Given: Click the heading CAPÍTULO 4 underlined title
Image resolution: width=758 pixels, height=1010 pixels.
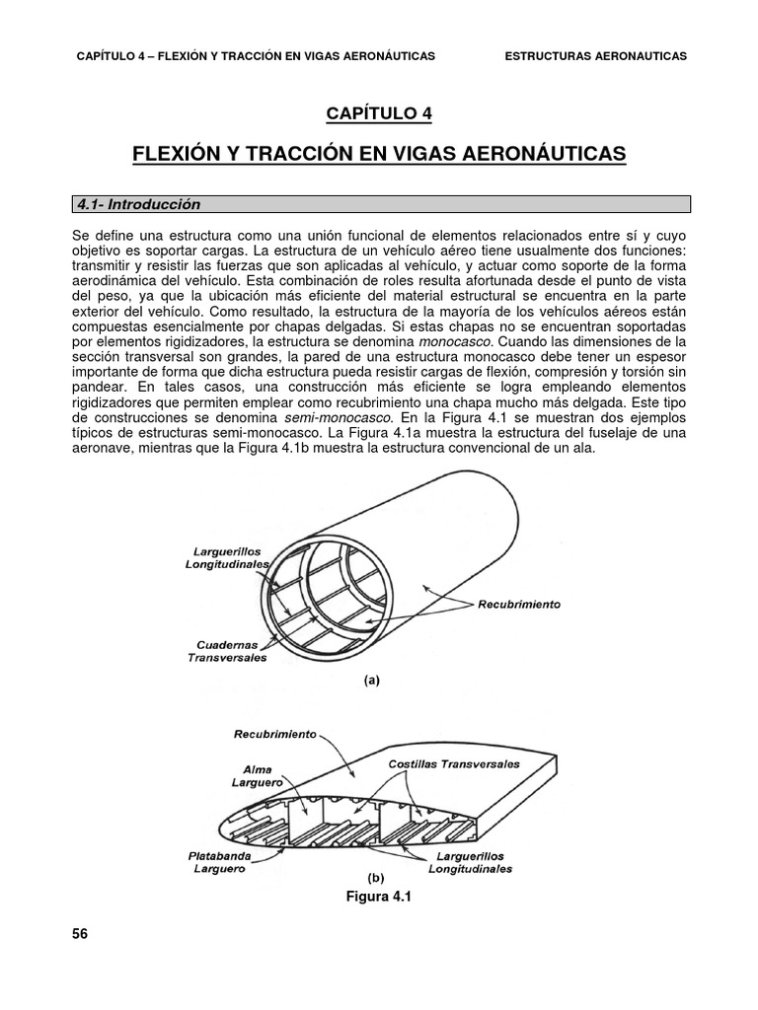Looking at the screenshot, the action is (379, 113).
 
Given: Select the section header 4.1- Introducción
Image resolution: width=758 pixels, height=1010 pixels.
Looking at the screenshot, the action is (139, 204).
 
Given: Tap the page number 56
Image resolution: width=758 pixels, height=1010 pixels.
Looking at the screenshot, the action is (80, 934).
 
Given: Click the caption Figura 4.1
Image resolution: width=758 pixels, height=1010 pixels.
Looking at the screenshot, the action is (378, 897).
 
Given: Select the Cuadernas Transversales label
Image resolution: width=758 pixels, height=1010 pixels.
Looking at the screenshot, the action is (227, 652).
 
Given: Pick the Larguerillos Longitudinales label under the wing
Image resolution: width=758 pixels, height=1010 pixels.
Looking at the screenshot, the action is (470, 864).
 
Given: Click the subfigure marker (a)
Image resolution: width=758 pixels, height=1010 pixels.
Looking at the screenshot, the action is (372, 680).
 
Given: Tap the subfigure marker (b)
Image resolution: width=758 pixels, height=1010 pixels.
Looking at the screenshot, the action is (374, 877).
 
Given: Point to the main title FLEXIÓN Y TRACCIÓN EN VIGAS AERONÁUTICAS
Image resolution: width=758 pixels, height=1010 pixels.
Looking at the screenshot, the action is (379, 154).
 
